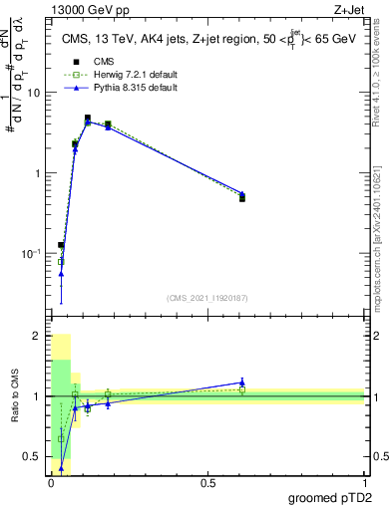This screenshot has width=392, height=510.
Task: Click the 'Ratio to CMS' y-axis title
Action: click(15, 396)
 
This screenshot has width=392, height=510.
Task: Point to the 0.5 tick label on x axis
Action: click(207, 481)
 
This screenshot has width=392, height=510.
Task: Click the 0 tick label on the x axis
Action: click(51, 481)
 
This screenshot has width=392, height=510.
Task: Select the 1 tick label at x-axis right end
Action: click(364, 481)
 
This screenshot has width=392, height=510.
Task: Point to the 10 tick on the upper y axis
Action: click(33, 92)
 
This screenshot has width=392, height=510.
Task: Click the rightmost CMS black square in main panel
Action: click(242, 198)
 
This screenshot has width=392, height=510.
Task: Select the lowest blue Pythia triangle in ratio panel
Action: click(62, 467)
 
